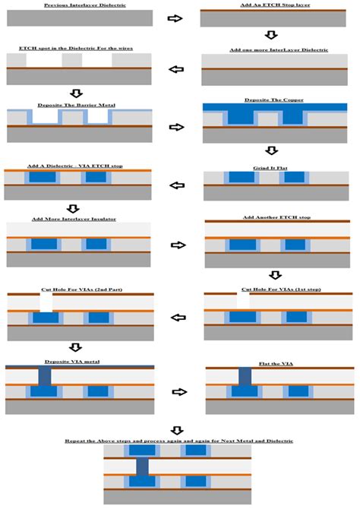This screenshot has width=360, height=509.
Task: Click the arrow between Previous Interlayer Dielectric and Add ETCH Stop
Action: (x=175, y=17)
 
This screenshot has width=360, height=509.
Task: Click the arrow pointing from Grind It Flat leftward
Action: (x=177, y=185)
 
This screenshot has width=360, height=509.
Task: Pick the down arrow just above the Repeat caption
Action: (x=178, y=429)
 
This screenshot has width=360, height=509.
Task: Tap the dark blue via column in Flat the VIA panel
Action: (x=245, y=375)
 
